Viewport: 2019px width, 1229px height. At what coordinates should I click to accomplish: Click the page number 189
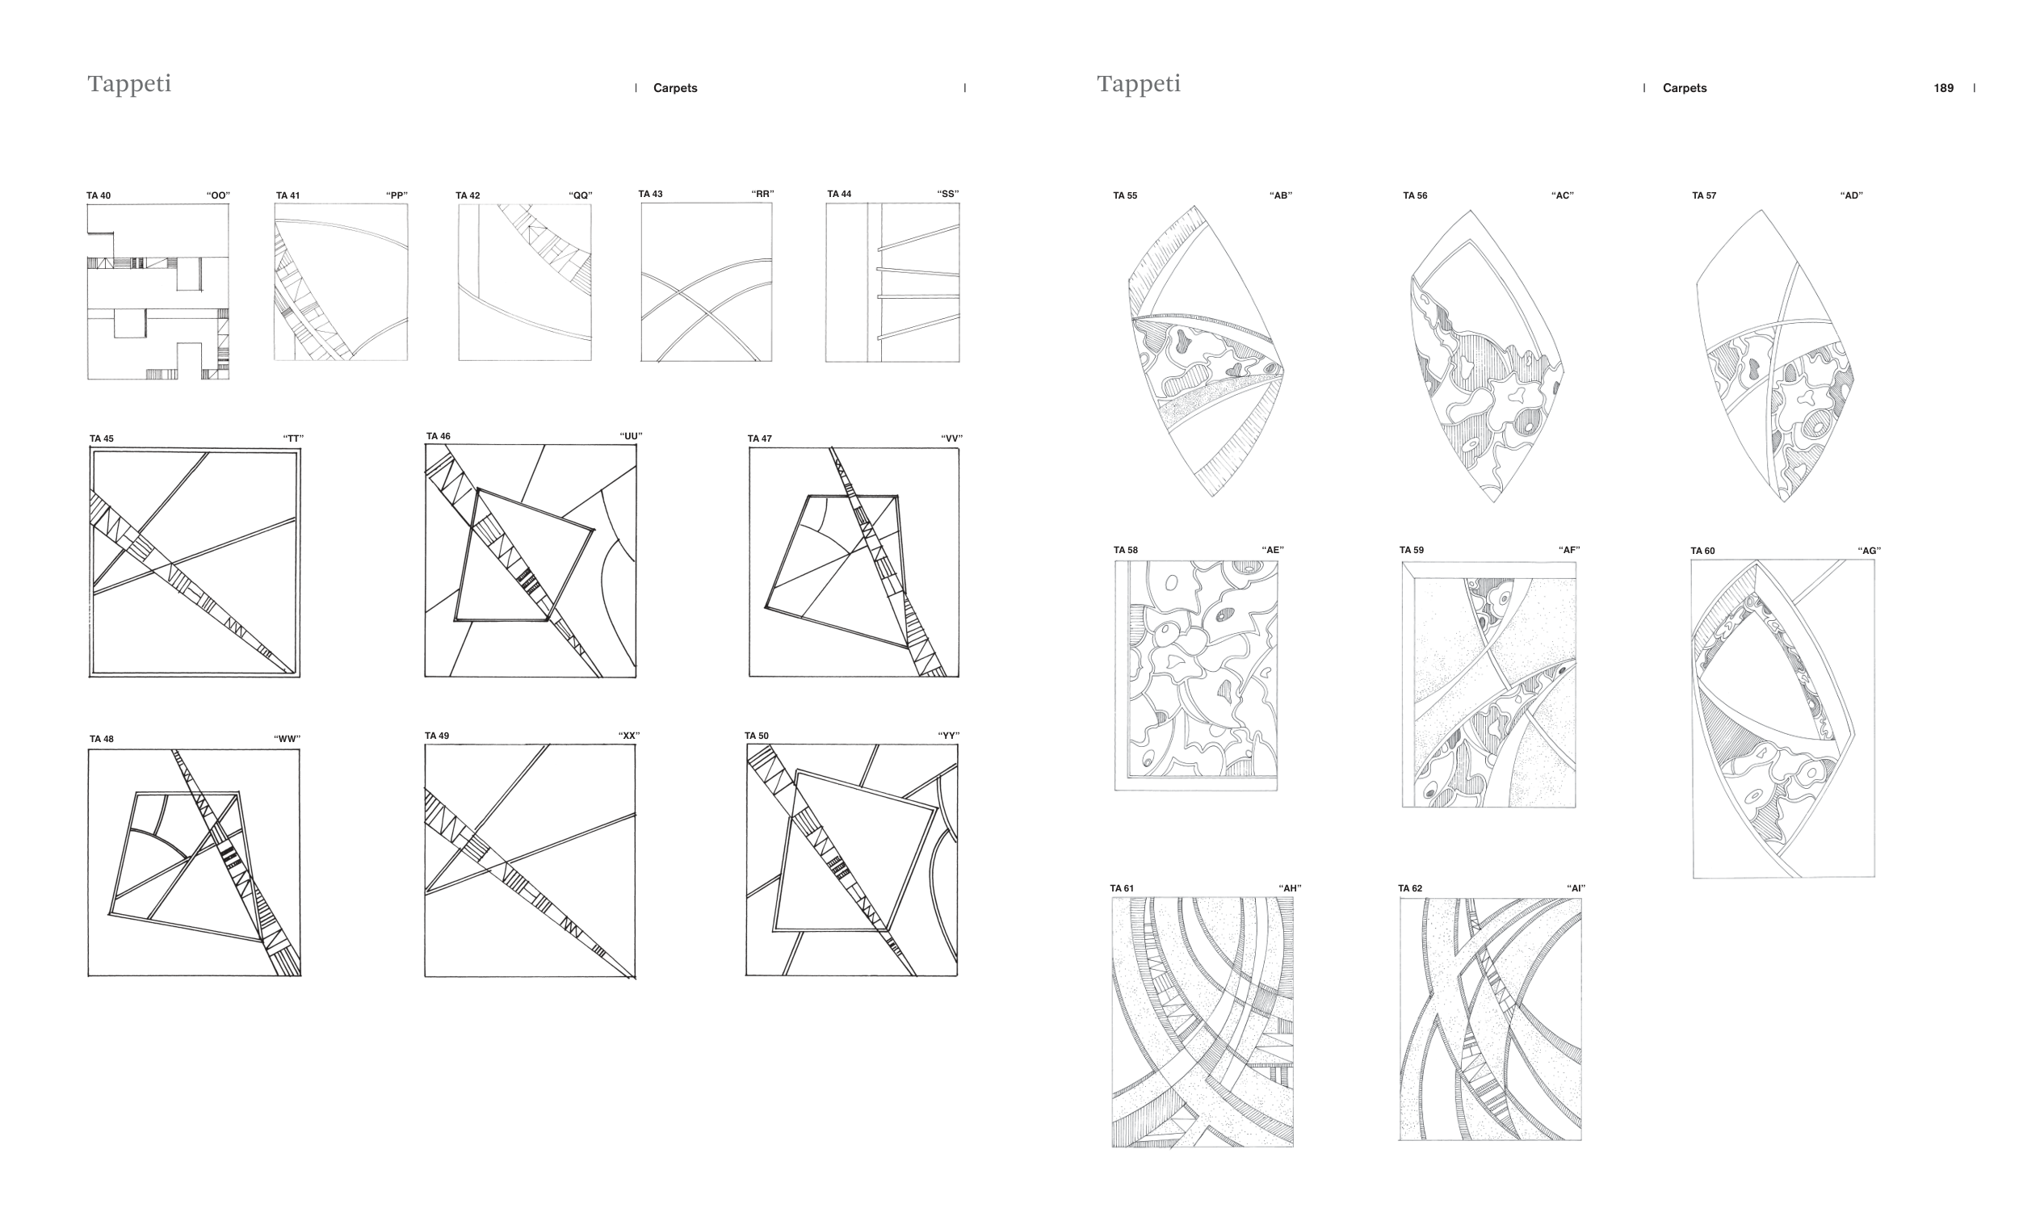1943,89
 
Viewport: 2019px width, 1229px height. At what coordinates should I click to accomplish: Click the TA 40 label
99,196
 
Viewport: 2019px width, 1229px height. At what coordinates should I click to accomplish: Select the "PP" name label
397,196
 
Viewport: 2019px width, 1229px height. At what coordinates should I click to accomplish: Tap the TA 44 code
839,194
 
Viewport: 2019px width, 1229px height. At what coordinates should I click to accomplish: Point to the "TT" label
292,439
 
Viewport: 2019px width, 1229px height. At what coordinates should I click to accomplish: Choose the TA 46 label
439,437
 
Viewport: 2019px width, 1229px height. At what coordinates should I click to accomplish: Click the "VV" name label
951,439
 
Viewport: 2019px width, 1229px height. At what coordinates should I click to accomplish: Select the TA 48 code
102,739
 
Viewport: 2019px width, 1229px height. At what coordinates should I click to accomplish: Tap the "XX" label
628,736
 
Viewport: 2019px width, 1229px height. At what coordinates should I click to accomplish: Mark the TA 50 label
756,736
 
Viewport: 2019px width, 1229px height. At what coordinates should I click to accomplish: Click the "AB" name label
1280,196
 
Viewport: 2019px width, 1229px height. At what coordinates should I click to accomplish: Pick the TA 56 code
1415,196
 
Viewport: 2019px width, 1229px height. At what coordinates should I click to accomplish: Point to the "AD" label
1851,196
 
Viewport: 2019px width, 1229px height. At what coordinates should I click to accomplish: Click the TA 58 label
1125,551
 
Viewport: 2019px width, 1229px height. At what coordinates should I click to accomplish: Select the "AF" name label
1568,551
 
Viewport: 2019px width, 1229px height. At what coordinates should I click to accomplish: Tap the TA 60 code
1702,552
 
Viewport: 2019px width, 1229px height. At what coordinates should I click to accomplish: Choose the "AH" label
1290,888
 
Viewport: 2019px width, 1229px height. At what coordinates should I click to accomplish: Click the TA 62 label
1410,888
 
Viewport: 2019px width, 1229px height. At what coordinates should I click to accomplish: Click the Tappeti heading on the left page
129,85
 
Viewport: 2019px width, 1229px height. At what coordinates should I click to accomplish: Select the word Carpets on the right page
1684,89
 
